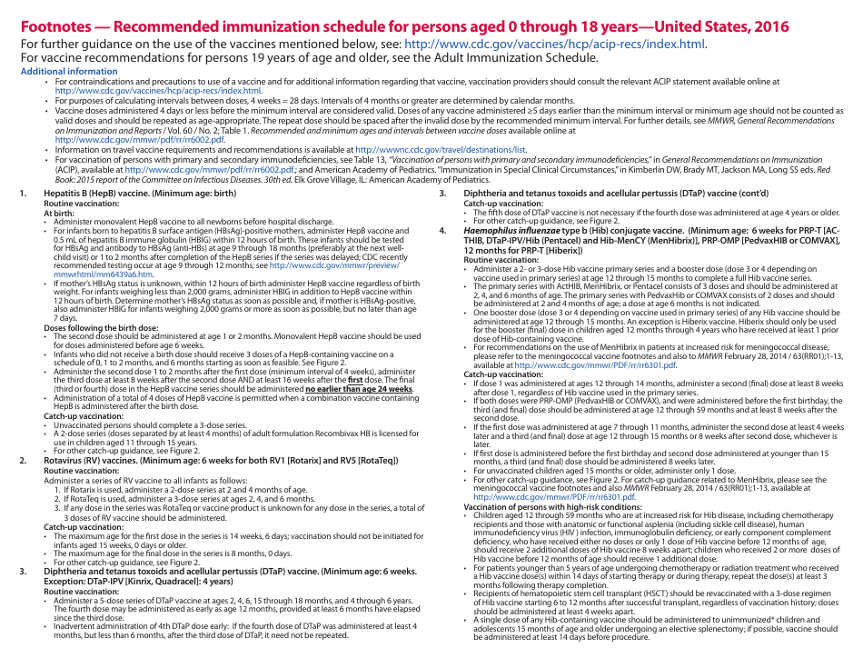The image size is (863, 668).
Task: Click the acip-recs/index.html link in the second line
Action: [x=554, y=44]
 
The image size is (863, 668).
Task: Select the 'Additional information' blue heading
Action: [x=69, y=71]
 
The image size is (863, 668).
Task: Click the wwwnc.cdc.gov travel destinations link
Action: [x=441, y=148]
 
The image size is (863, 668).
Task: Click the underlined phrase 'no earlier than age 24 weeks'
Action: [x=359, y=389]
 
